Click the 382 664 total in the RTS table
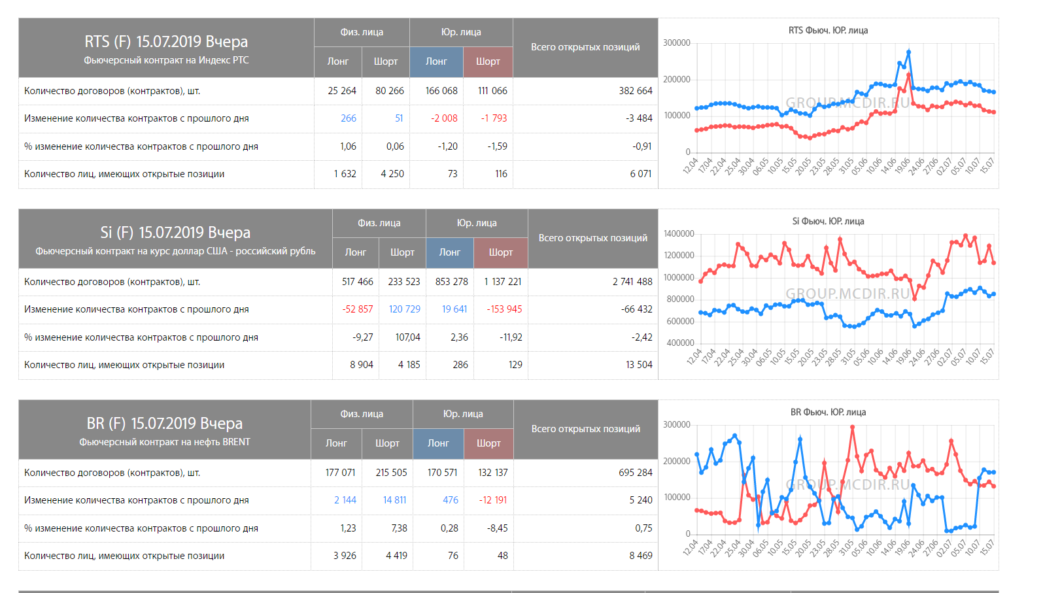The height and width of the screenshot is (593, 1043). [x=635, y=91]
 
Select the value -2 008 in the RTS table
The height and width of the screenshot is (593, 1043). [x=444, y=118]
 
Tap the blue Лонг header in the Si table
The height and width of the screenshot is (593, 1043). [x=450, y=252]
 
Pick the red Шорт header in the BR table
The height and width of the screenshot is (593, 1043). [x=488, y=443]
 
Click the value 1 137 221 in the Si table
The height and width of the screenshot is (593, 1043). [x=503, y=282]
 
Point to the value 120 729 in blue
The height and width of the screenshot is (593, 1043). [x=404, y=309]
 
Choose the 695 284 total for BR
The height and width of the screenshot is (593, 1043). [x=635, y=473]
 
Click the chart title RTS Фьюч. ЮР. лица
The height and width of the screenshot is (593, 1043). [x=828, y=31]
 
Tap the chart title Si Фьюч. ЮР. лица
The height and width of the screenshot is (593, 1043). [x=828, y=222]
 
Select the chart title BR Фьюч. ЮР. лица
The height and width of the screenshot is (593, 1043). [x=828, y=413]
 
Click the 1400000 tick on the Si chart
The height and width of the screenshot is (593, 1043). [x=679, y=234]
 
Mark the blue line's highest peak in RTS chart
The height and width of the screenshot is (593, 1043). [x=908, y=52]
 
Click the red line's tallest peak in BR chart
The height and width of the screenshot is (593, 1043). [x=853, y=427]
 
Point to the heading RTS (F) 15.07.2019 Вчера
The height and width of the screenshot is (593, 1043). [x=166, y=42]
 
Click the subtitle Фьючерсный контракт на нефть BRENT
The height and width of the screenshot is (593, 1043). [x=165, y=443]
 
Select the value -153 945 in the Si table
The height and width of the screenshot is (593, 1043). [x=504, y=309]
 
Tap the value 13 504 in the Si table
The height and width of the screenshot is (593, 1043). [x=639, y=365]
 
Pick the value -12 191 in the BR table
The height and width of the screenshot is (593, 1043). [x=493, y=500]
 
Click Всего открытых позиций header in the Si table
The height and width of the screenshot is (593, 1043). [x=592, y=238]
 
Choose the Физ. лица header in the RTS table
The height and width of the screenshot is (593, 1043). [x=362, y=32]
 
